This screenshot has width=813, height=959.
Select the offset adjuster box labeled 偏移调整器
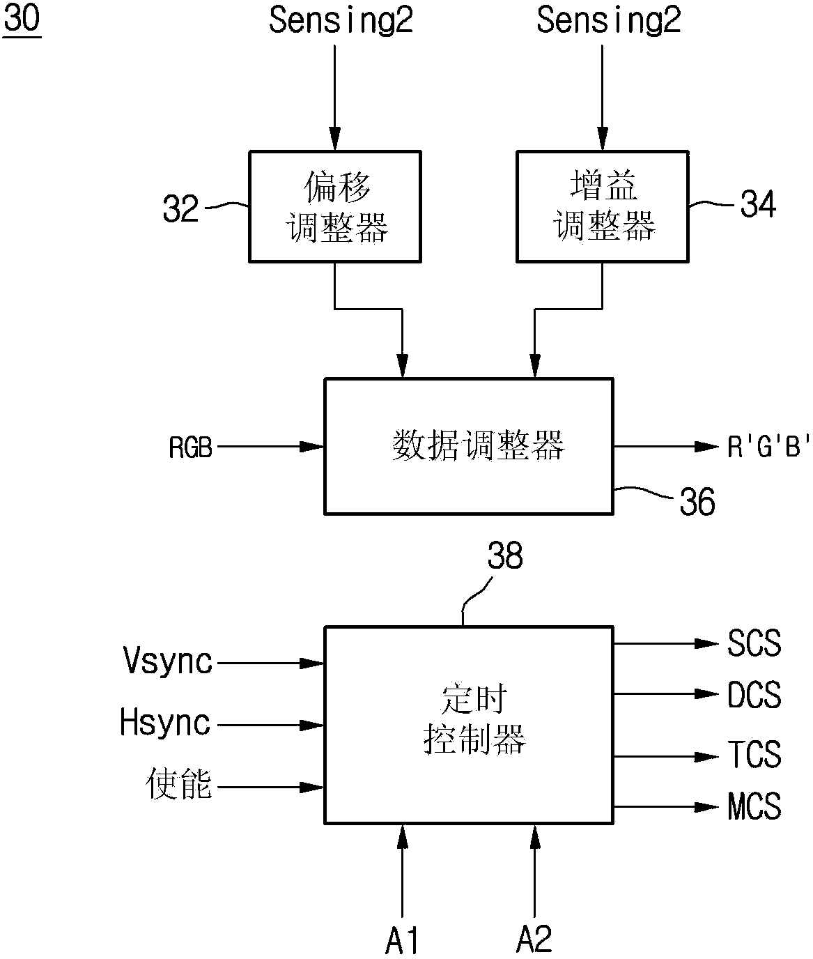tap(335, 206)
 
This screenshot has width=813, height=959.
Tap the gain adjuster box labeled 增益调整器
tap(603, 206)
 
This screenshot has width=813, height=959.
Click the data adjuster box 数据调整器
tap(468, 446)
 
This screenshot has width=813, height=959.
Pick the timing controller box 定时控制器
tap(468, 723)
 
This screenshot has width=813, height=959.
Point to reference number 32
tap(180, 208)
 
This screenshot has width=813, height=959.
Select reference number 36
tap(697, 502)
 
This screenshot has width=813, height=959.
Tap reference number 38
tap(504, 556)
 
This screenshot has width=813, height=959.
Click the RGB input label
tap(190, 447)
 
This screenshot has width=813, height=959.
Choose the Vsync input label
tap(168, 661)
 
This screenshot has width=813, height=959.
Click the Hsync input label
tap(166, 723)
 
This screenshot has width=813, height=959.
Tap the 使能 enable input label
tap(179, 785)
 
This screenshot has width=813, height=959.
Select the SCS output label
tap(754, 643)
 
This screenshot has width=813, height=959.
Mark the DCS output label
tap(754, 695)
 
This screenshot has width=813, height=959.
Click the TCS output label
tap(754, 755)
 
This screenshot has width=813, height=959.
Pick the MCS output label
tap(754, 806)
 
